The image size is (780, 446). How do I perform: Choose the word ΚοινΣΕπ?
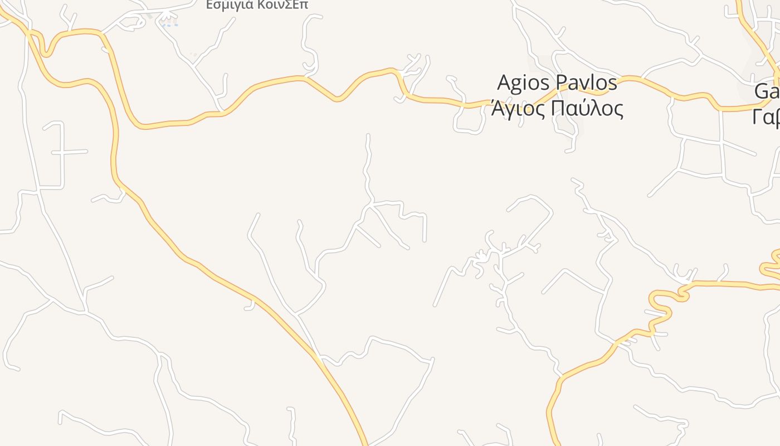(x=282, y=4)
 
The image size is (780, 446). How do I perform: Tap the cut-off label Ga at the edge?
(x=767, y=91)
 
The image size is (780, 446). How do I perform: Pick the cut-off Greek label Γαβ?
(x=767, y=117)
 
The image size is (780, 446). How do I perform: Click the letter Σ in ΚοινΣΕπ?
(x=289, y=4)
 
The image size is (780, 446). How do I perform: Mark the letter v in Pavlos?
(x=585, y=84)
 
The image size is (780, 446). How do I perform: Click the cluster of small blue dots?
(x=169, y=24)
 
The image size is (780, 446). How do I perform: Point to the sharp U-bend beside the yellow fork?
(x=47, y=51)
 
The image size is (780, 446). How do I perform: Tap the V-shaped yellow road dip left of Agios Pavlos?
(x=337, y=99)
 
